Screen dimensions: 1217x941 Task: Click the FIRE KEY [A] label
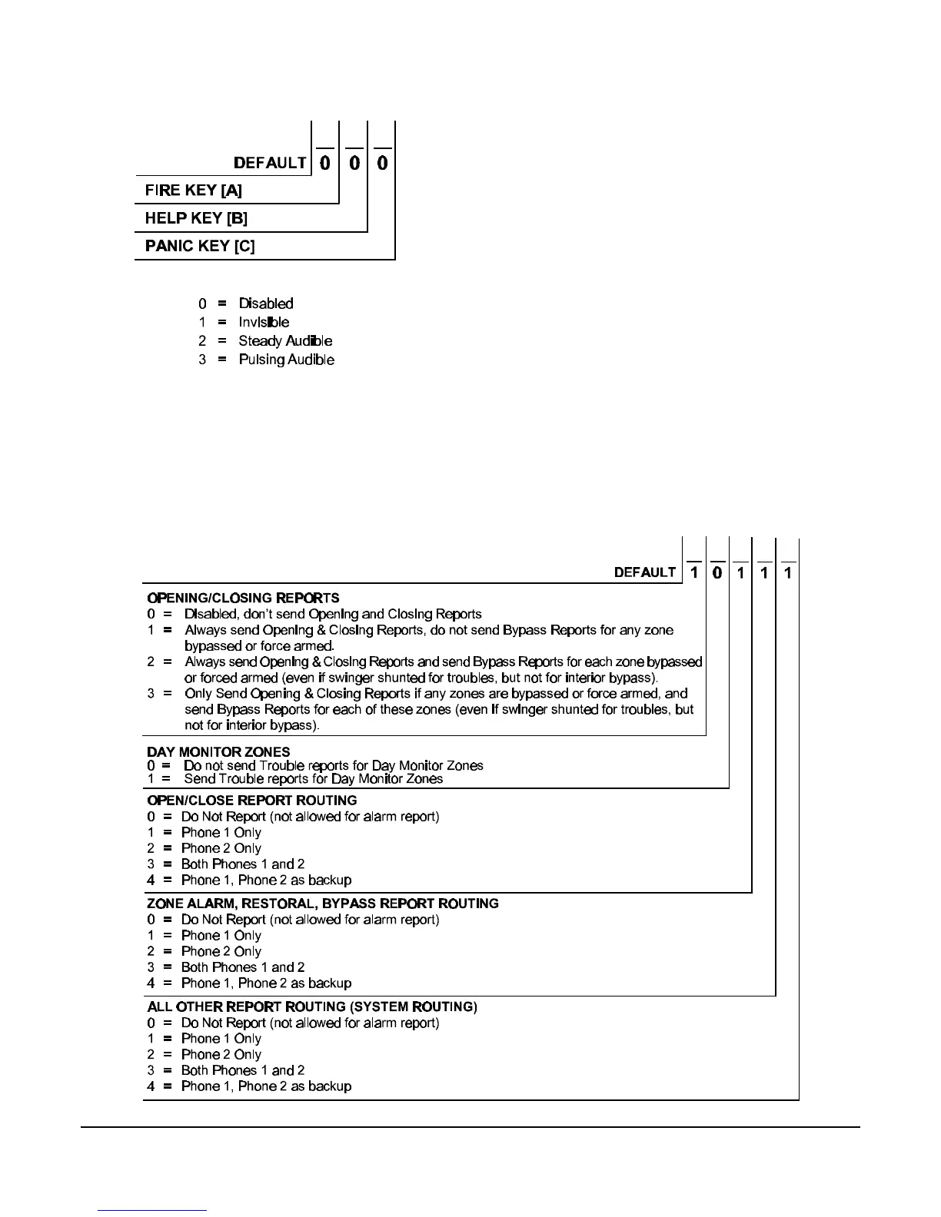(193, 191)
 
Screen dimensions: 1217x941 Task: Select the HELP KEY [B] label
(196, 218)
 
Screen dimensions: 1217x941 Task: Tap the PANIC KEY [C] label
(200, 246)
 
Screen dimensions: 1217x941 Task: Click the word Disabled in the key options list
(265, 303)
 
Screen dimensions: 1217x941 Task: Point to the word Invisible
(264, 322)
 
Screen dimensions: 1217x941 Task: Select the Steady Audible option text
(285, 340)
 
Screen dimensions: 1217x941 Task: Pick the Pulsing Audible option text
(286, 360)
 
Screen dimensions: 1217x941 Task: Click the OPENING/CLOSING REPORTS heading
(243, 598)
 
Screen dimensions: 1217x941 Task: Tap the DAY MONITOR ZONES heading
(218, 751)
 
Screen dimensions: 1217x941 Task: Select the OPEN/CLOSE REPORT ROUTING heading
(251, 800)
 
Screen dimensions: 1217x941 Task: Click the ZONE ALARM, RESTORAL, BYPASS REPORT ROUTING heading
(322, 904)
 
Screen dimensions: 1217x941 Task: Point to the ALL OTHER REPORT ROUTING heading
(311, 1006)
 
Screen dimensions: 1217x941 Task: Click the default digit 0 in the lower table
(717, 572)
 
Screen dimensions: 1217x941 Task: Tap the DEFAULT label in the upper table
(270, 163)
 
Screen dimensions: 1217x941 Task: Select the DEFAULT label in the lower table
(644, 572)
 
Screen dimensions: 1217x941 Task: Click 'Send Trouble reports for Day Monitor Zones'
(313, 778)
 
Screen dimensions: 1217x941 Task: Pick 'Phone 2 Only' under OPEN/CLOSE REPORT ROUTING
(221, 848)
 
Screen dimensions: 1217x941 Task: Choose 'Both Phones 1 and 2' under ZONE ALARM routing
(242, 967)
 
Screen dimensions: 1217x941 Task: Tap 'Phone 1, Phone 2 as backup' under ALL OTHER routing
(266, 1086)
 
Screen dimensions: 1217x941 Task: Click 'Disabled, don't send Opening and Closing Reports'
(333, 614)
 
